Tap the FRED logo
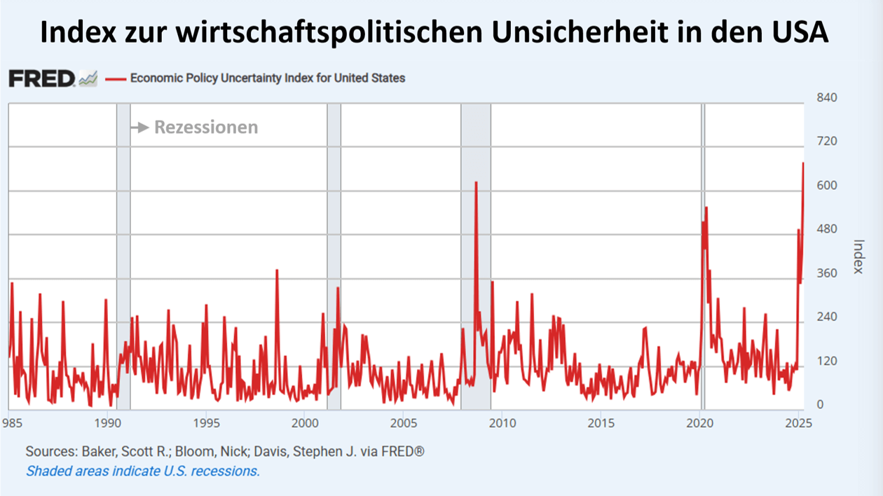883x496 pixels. pyautogui.click(x=41, y=78)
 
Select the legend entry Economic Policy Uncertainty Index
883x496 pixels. pyautogui.click(x=266, y=78)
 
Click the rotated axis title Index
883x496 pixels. pyautogui.click(x=859, y=257)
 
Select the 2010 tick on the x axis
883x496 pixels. pyautogui.click(x=502, y=423)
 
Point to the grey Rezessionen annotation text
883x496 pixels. pyautogui.click(x=206, y=128)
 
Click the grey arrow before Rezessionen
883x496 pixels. pyautogui.click(x=140, y=128)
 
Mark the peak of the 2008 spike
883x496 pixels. pyautogui.click(x=476, y=183)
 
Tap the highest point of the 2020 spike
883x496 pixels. pyautogui.click(x=706, y=208)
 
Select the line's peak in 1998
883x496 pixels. pyautogui.click(x=277, y=270)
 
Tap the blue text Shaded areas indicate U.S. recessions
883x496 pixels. pyautogui.click(x=143, y=471)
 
